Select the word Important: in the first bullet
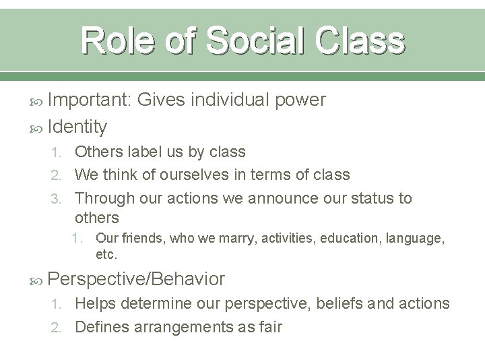(90, 100)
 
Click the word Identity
(77, 125)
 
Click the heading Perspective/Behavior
(137, 278)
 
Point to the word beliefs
(342, 304)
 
